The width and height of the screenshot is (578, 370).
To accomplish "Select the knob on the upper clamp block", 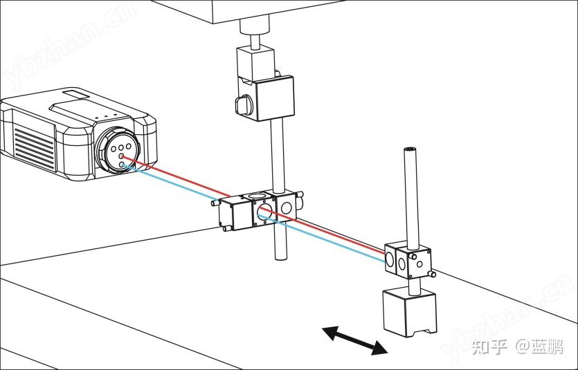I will click(243, 103).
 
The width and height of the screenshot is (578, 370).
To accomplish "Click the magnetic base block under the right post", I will click(410, 312).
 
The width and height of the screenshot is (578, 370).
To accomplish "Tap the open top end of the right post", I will click(410, 149).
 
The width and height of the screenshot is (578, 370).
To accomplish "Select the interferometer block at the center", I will click(260, 211).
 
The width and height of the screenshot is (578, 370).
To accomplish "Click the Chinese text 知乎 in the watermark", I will click(489, 346).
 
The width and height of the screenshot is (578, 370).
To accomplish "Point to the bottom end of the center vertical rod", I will click(280, 257).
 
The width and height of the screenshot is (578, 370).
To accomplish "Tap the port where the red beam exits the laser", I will click(123, 158).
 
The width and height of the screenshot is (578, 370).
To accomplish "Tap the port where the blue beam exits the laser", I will click(123, 165).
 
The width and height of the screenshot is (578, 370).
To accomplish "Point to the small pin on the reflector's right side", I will click(433, 273).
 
